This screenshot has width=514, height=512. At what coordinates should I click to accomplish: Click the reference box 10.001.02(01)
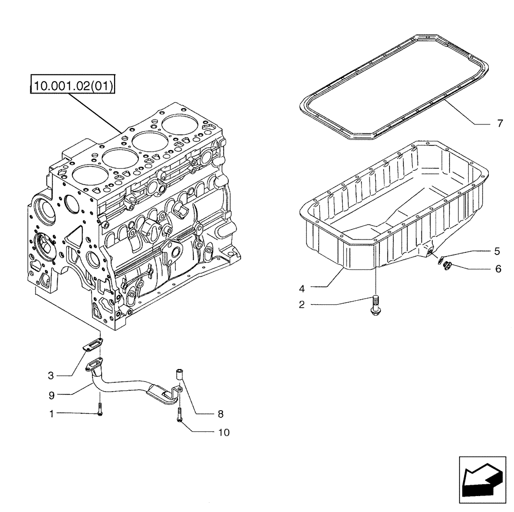tap(74, 84)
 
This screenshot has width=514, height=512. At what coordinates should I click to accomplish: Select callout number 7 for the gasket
tap(500, 124)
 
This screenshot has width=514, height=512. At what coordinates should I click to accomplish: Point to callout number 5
tap(497, 251)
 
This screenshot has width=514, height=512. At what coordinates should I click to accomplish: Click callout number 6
tap(498, 268)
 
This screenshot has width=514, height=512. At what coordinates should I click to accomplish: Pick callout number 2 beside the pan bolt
tap(302, 304)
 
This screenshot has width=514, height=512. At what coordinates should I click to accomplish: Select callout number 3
tap(51, 376)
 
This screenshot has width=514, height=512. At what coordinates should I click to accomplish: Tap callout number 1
tap(50, 413)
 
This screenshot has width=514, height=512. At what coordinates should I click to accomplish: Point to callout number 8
tap(220, 413)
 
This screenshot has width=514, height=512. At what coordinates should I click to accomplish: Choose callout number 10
tap(223, 432)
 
